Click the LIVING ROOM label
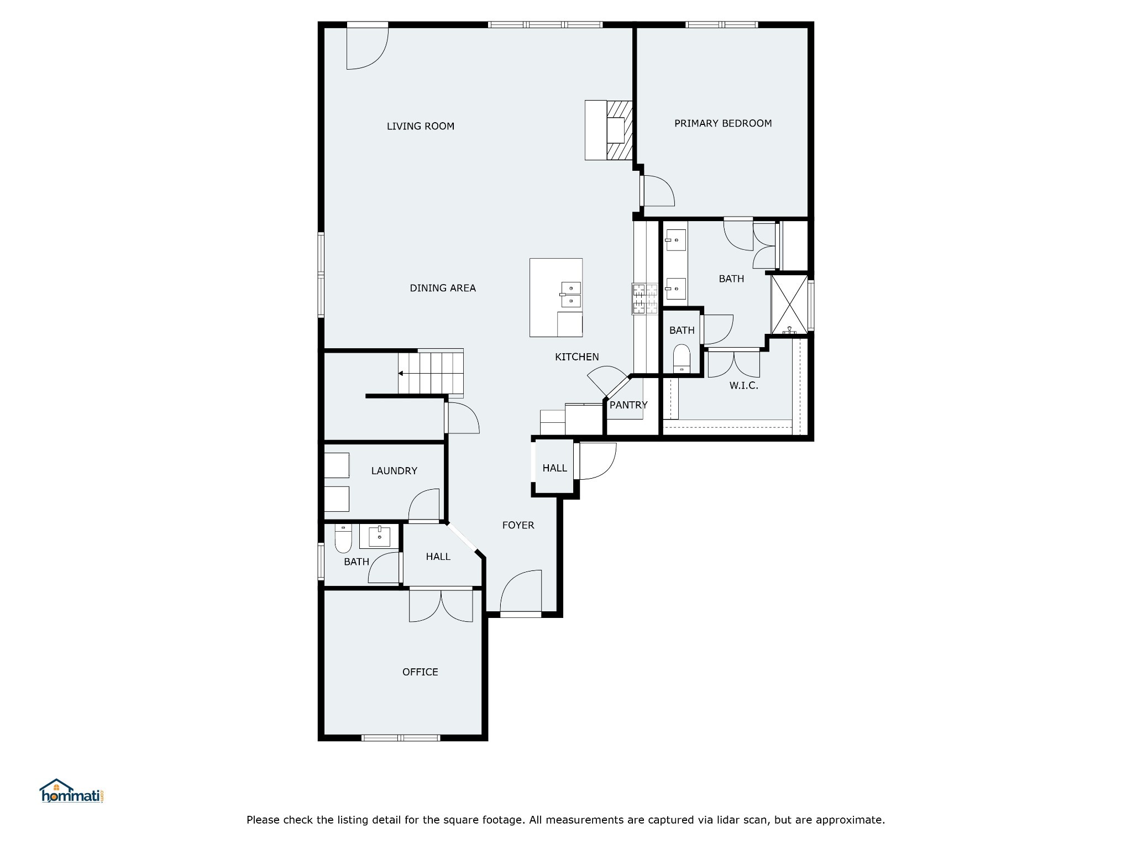tap(420, 126)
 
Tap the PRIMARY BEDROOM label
tap(723, 123)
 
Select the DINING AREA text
tap(443, 288)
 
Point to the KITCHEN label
tap(577, 357)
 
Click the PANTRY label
tap(628, 405)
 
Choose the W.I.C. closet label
tap(743, 386)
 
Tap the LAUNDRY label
tap(394, 471)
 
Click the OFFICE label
tap(420, 672)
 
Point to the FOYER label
tap(518, 525)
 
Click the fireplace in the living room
tap(609, 130)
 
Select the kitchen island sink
tap(570, 295)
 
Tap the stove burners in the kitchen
tap(645, 299)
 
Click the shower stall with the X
tap(789, 304)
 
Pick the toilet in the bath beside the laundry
tap(343, 538)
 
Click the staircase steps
tap(431, 373)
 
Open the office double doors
tap(441, 606)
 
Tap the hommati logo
tap(72, 791)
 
